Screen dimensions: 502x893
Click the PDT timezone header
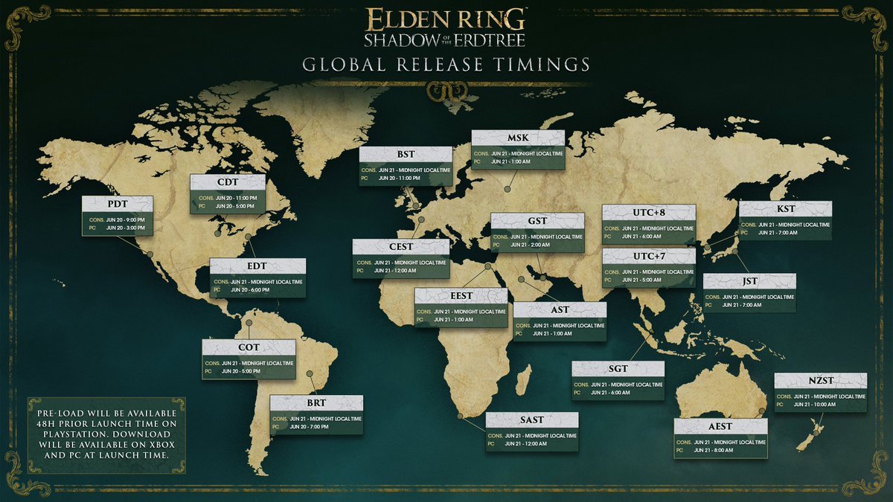tap(117, 205)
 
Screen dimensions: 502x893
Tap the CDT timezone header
tap(228, 183)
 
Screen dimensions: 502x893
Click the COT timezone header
tap(249, 348)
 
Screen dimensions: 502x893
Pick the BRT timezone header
tap(316, 404)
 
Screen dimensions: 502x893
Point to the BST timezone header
tap(406, 155)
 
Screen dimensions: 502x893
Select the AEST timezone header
tap(720, 427)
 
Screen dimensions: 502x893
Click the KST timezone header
tap(784, 210)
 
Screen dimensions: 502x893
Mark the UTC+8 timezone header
tap(648, 213)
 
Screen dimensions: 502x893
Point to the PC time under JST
tap(760, 306)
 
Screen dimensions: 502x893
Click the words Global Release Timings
tap(446, 65)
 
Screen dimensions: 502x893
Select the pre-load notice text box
tap(106, 434)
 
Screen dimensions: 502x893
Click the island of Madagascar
tap(524, 379)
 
